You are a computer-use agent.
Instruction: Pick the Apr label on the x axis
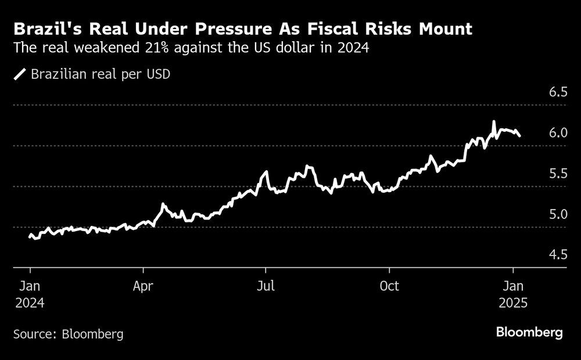point(143,286)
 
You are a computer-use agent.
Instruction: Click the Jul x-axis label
point(266,286)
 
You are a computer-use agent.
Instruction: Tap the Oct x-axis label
point(389,286)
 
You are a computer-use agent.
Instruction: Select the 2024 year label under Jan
point(30,303)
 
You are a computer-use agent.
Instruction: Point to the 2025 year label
point(513,303)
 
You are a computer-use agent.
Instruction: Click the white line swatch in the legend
point(20,74)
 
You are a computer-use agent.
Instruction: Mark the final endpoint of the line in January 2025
point(520,136)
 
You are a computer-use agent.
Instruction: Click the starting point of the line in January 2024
point(30,236)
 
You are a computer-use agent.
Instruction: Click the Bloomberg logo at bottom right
point(529,333)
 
